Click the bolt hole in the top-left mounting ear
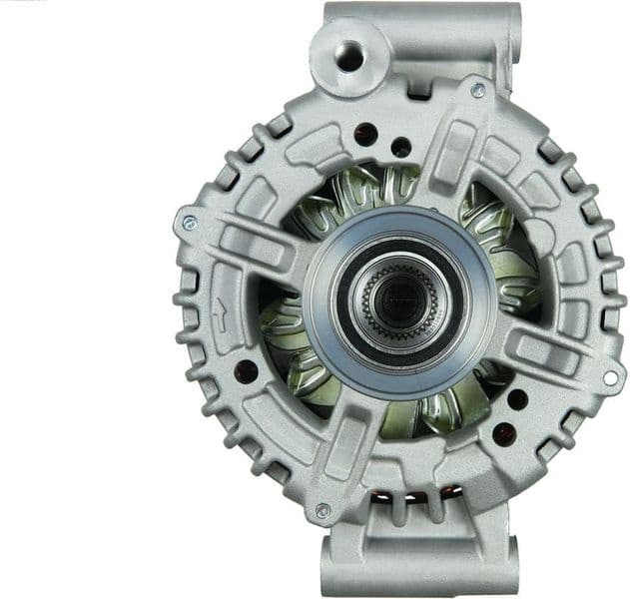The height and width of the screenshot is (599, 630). click(349, 57)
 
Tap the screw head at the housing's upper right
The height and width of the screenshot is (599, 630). click(478, 90)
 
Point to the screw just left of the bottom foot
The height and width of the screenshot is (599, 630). click(321, 510)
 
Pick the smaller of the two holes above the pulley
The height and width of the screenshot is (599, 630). click(401, 147)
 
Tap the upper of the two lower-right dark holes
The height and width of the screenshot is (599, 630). click(517, 399)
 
